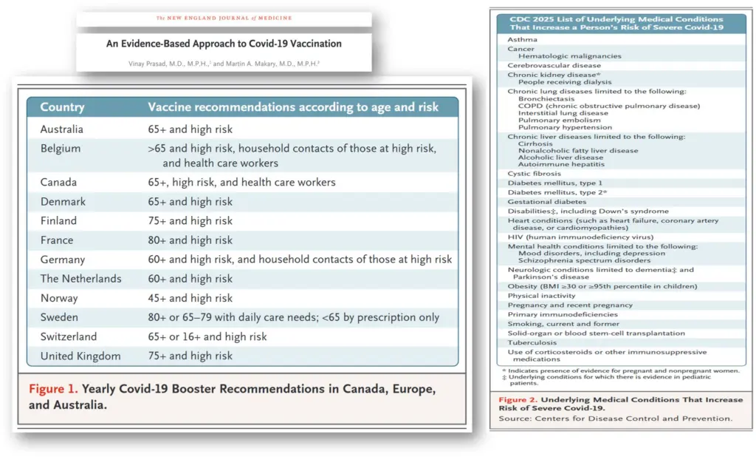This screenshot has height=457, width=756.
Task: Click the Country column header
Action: pos(63,107)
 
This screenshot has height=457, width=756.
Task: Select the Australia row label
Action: pos(61,129)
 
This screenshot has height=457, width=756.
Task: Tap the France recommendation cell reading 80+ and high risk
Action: pos(190,240)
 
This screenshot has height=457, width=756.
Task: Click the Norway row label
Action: pos(59,298)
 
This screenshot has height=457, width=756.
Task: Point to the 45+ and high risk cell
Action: pos(190,298)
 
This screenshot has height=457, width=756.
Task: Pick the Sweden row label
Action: pos(59,317)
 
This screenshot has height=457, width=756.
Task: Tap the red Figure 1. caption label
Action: pos(52,388)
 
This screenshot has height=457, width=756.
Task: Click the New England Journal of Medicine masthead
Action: pos(224,18)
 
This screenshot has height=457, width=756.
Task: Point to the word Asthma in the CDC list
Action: pos(522,39)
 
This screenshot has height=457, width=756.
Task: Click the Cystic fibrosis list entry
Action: pos(535,174)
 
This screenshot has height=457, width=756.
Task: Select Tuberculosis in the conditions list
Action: pos(531,342)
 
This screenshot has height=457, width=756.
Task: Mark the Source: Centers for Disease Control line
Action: pos(616,419)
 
